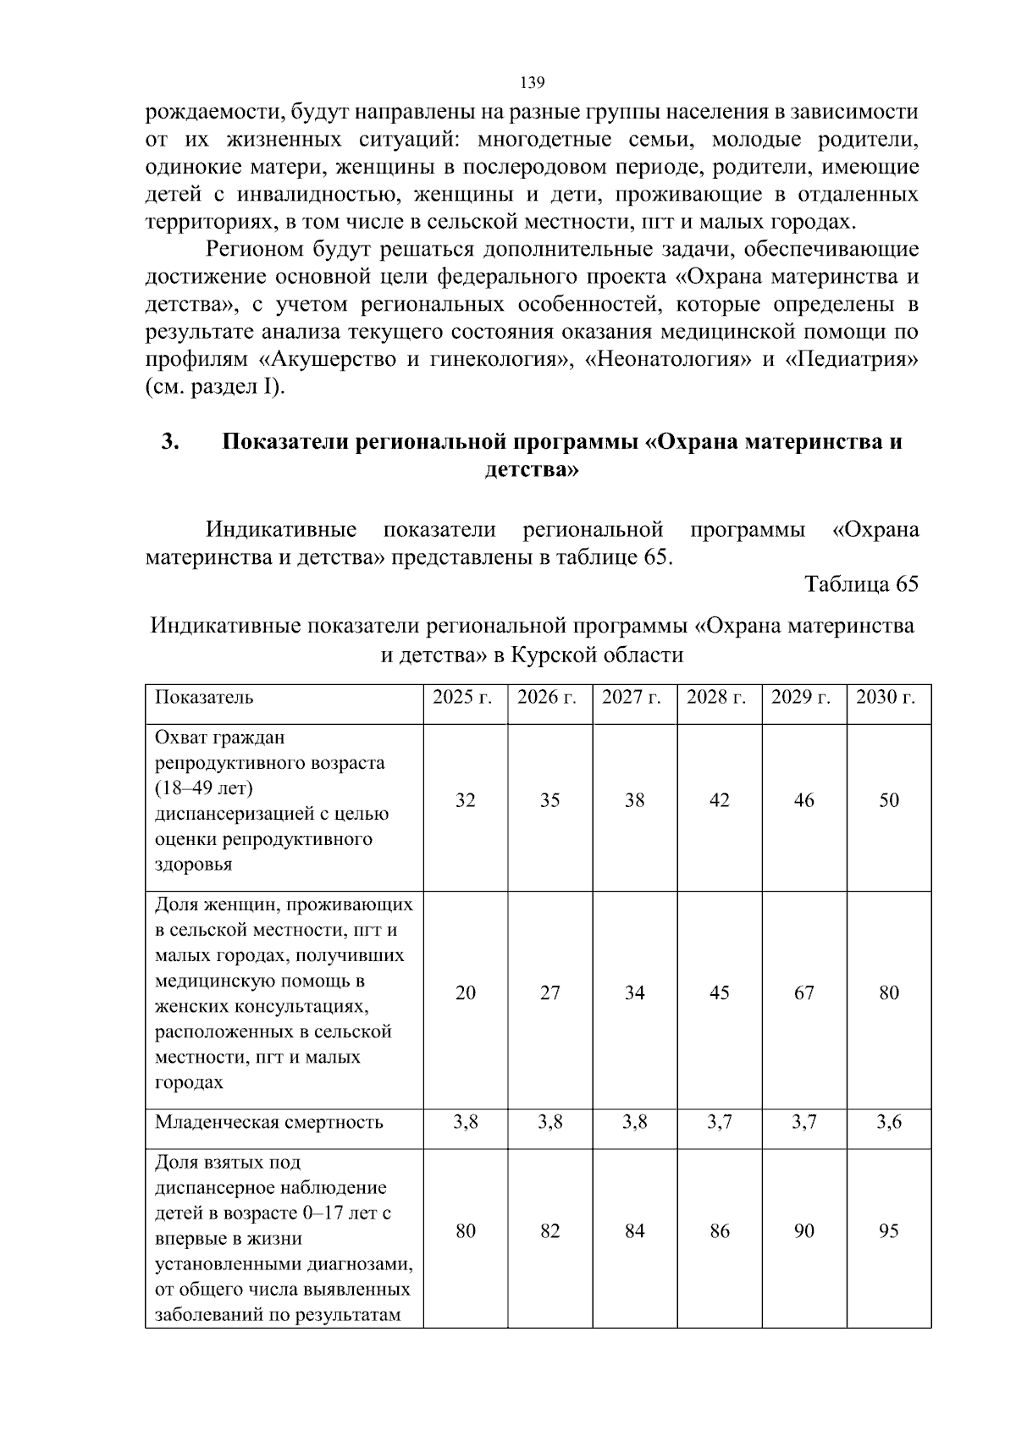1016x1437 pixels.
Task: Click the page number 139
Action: click(531, 83)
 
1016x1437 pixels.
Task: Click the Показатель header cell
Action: click(204, 698)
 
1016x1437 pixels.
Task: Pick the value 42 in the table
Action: click(719, 800)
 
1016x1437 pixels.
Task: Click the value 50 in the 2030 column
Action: click(888, 800)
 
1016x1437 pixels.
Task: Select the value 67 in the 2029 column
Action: click(803, 992)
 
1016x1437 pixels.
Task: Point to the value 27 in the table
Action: click(549, 992)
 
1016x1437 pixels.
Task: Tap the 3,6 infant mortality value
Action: click(888, 1123)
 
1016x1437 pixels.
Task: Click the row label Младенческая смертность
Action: click(269, 1123)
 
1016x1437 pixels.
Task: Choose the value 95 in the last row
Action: click(888, 1230)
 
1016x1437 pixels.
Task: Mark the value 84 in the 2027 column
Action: click(634, 1230)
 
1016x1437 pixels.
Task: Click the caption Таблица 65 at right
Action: click(861, 585)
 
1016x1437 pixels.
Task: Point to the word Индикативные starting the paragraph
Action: click(281, 531)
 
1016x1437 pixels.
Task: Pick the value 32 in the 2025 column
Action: click(465, 800)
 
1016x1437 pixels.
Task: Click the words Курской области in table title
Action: click(597, 655)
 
